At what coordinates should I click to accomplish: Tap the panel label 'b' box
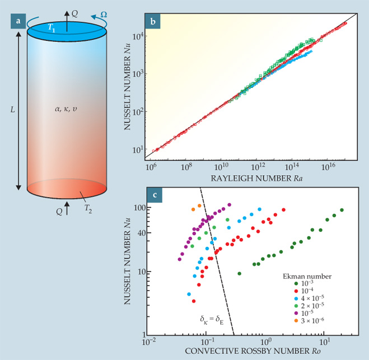(152, 21)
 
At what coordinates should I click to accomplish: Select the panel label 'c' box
(152, 195)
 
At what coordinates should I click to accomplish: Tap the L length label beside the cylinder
(12, 107)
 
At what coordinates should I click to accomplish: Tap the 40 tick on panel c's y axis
(138, 233)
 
